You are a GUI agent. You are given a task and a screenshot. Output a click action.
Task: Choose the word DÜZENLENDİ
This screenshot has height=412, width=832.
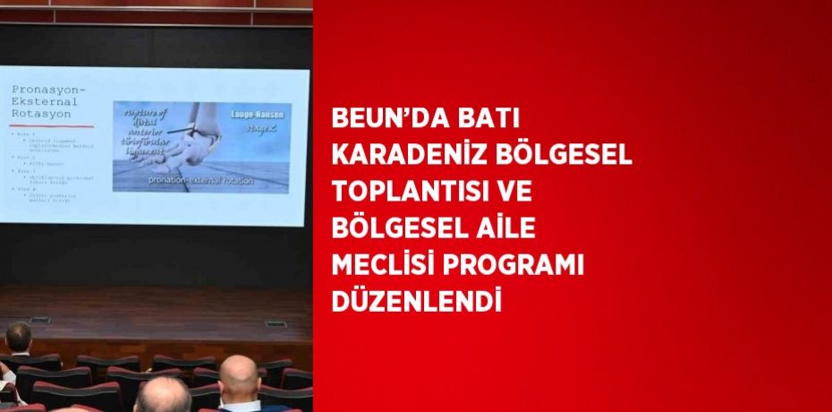(x=414, y=301)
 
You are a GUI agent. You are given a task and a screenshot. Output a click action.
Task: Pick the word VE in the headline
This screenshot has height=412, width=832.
(x=531, y=192)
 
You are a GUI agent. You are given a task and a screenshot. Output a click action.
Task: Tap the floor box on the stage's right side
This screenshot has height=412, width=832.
(x=276, y=323)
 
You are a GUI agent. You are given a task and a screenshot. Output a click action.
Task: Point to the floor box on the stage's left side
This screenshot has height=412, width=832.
(x=38, y=320)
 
